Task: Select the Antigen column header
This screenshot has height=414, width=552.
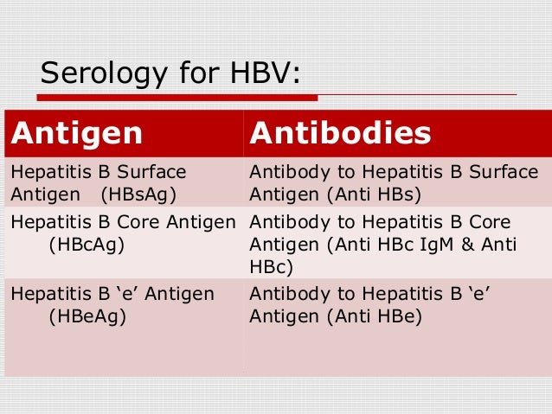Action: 76,133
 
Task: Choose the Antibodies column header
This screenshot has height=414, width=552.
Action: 340,133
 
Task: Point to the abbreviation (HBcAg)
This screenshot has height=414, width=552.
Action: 87,245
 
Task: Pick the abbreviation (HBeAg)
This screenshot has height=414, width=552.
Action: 87,317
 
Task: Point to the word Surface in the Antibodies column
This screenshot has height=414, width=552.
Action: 504,171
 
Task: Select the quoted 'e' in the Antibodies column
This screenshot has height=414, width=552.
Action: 477,295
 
